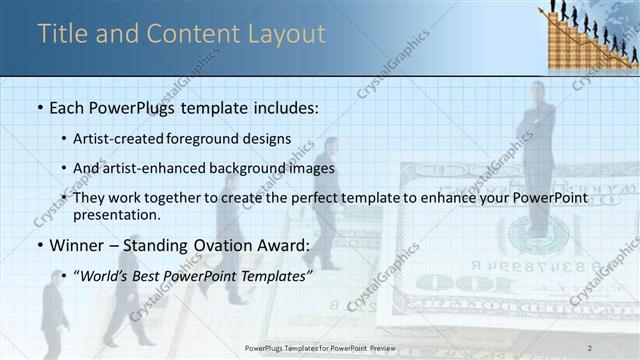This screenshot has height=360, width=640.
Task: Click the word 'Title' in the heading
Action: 62,34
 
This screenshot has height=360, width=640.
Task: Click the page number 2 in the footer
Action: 590,347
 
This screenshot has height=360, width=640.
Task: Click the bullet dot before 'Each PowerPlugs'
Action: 39,107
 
